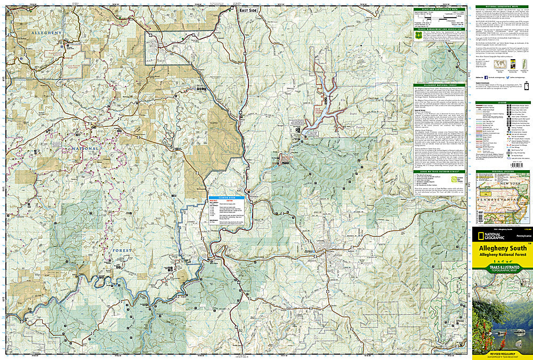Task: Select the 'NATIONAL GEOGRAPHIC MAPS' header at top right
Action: tap(501, 7)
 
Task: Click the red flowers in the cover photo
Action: tap(486, 325)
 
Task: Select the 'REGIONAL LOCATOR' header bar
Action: tap(501, 172)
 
